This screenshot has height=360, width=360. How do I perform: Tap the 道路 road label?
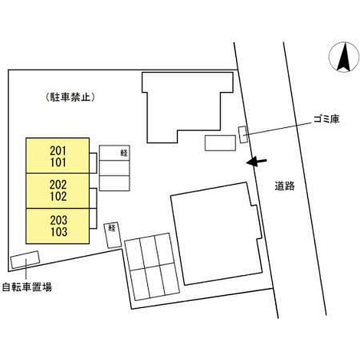click(x=284, y=186)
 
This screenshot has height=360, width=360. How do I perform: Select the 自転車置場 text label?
click(x=26, y=287)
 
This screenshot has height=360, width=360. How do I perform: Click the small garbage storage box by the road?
click(x=243, y=134)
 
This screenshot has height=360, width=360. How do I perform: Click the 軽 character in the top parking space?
click(x=123, y=152)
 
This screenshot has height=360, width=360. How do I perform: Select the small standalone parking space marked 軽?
click(x=112, y=235)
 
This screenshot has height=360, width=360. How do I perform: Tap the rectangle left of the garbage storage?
click(x=220, y=142)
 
